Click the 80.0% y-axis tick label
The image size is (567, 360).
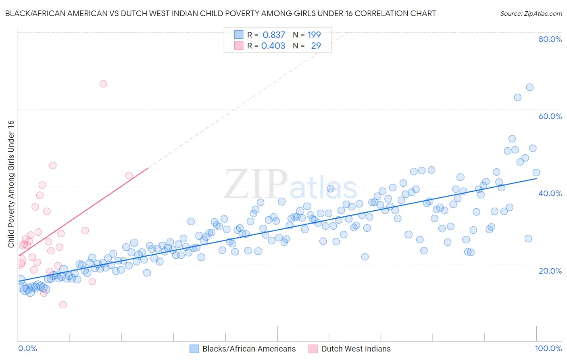(550, 39)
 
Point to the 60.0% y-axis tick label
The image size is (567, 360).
(550, 116)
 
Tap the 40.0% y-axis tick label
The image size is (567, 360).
(550, 193)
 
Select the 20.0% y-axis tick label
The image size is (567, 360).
(550, 270)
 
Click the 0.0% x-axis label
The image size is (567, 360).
(27, 348)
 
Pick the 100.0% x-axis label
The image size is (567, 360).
(548, 348)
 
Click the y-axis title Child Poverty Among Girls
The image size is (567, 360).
(11, 184)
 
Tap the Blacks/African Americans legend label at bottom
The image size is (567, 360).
(249, 349)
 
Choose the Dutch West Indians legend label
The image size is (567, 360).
(356, 349)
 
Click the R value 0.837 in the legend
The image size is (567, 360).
(274, 35)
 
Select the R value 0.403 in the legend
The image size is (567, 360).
(273, 46)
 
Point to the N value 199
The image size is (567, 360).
(314, 35)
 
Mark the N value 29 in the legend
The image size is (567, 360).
(316, 46)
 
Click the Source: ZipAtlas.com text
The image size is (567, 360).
(531, 13)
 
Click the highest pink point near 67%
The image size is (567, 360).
(103, 84)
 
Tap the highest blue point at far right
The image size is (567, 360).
(529, 87)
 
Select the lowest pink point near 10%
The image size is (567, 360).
(63, 305)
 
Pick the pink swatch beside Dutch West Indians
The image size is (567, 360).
(313, 349)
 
